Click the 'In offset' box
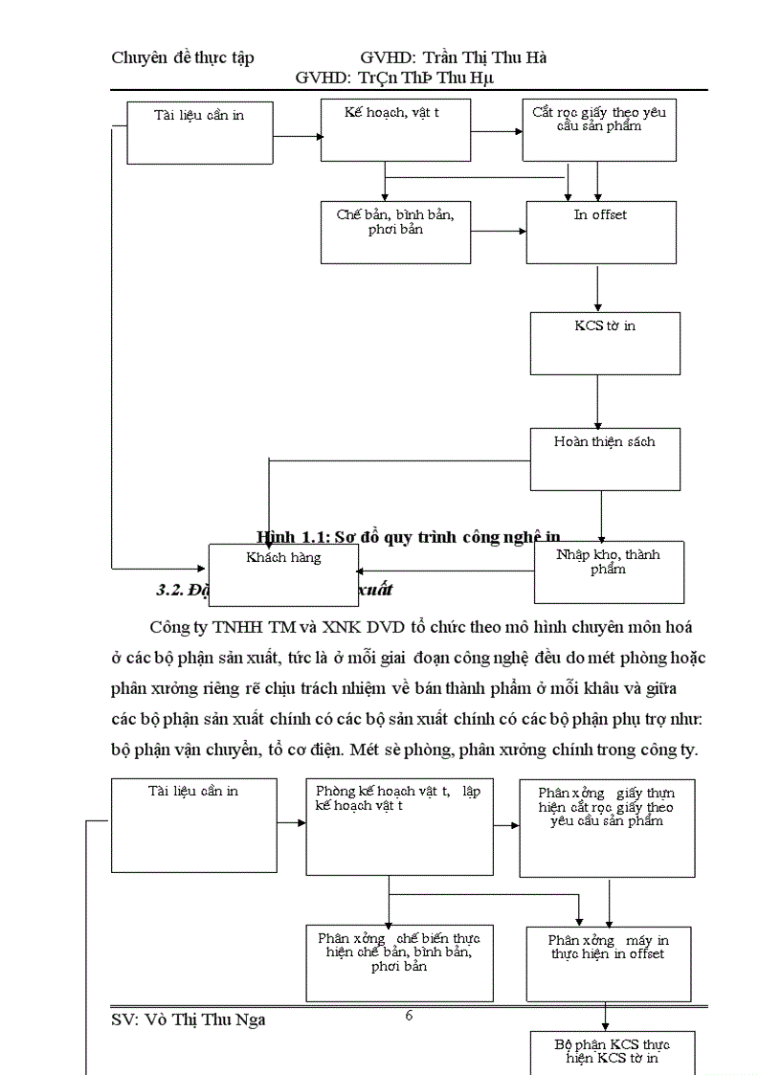pyautogui.click(x=601, y=233)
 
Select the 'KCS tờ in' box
pyautogui.click(x=605, y=343)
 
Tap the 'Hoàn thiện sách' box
pyautogui.click(x=605, y=459)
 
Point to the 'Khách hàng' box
pyautogui.click(x=283, y=574)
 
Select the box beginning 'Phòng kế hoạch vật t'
pyautogui.click(x=399, y=827)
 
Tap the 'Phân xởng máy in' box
pyautogui.click(x=609, y=963)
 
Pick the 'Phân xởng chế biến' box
pyautogui.click(x=399, y=962)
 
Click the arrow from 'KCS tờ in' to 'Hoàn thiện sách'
pyautogui.click(x=598, y=400)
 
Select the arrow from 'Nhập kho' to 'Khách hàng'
pyautogui.click(x=446, y=572)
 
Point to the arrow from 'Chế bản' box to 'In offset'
pyautogui.click(x=498, y=231)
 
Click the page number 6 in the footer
pyautogui.click(x=409, y=1016)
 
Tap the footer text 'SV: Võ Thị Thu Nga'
pyautogui.click(x=189, y=1019)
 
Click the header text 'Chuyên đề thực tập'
pyautogui.click(x=183, y=58)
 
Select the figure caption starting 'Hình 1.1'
pyautogui.click(x=409, y=537)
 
